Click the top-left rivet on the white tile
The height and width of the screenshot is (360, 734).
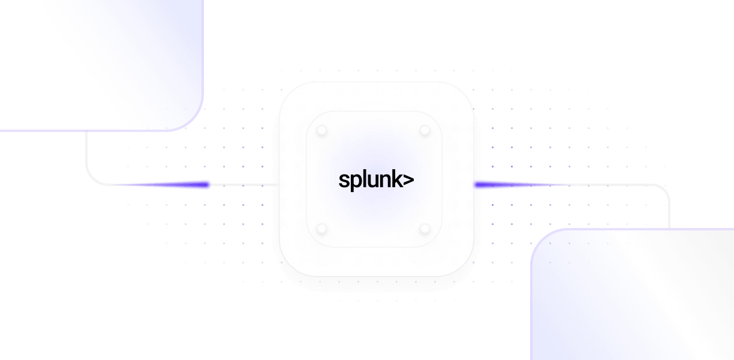tap(322, 130)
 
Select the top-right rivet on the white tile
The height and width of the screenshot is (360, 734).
tap(425, 130)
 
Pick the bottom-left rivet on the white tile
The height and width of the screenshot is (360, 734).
tap(322, 228)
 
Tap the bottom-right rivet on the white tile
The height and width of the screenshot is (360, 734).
tap(425, 228)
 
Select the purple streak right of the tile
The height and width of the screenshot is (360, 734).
tap(498, 185)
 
